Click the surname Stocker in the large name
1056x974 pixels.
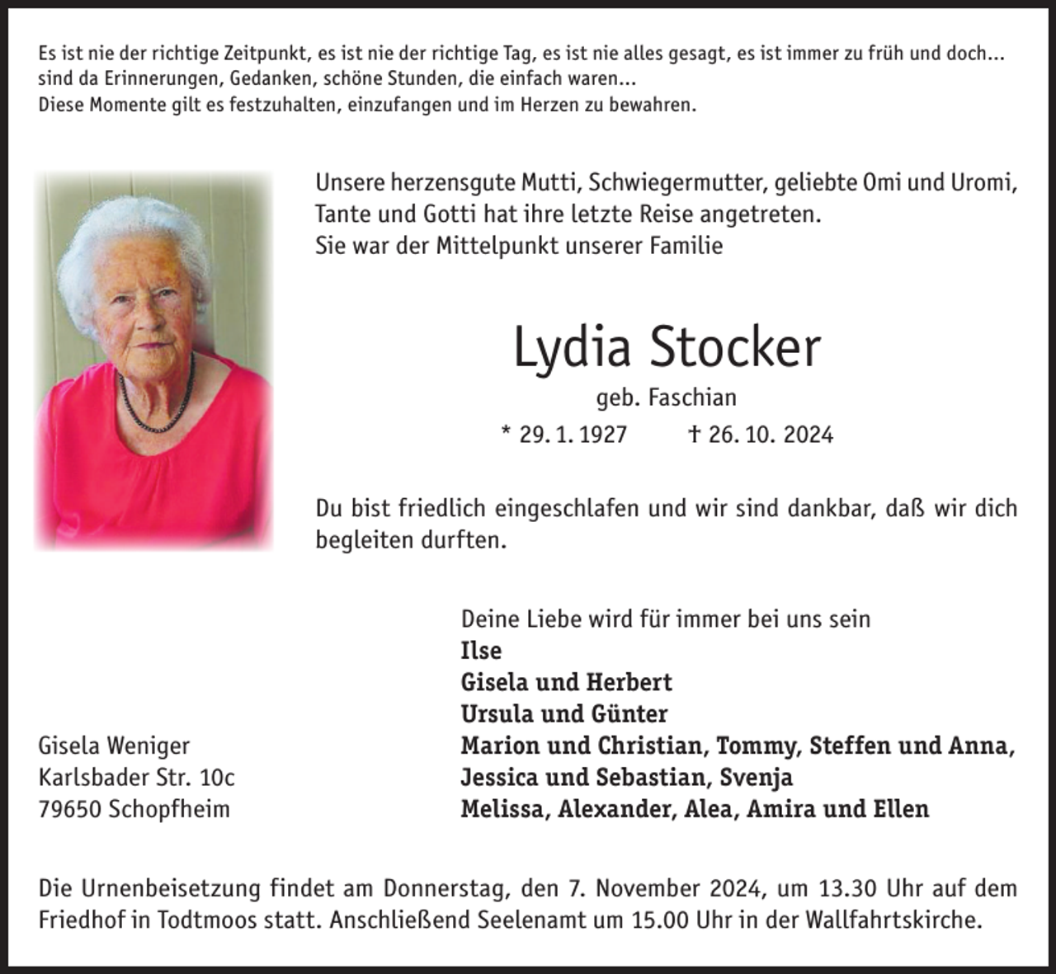click(734, 347)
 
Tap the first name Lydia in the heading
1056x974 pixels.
click(573, 347)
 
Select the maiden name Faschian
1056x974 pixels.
click(692, 398)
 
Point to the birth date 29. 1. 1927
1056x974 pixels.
click(573, 435)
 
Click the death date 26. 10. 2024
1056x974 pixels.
click(771, 435)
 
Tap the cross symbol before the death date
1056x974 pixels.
click(695, 434)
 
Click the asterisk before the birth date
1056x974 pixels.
click(506, 431)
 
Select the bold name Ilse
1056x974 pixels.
click(481, 651)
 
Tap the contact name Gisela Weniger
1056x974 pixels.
click(114, 746)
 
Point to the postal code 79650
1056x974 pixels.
click(70, 809)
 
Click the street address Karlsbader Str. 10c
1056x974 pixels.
click(136, 777)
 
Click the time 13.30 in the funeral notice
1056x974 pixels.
click(849, 888)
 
